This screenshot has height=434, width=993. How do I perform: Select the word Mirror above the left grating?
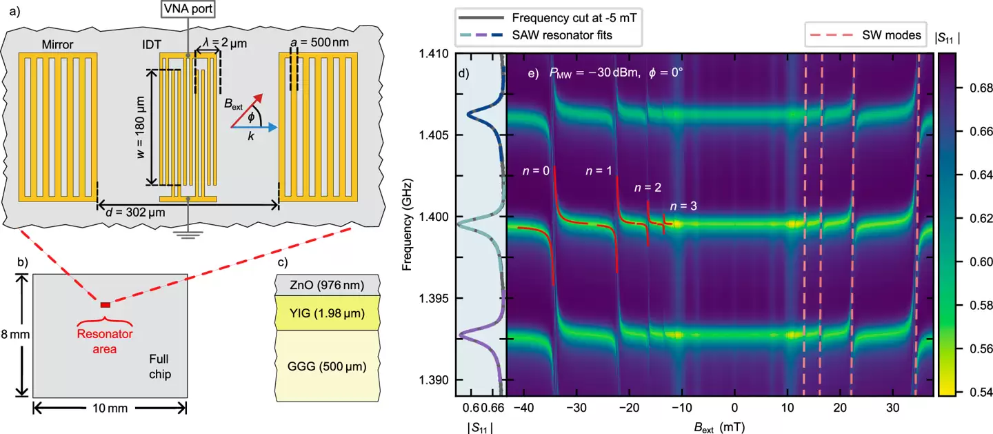[58, 46]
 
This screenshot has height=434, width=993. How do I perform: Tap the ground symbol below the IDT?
[188, 233]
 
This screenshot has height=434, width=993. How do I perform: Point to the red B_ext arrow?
[248, 108]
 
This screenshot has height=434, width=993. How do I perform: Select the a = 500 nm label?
[323, 43]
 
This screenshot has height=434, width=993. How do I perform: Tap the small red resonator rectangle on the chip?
[106, 304]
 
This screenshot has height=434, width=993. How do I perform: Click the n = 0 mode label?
[535, 170]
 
